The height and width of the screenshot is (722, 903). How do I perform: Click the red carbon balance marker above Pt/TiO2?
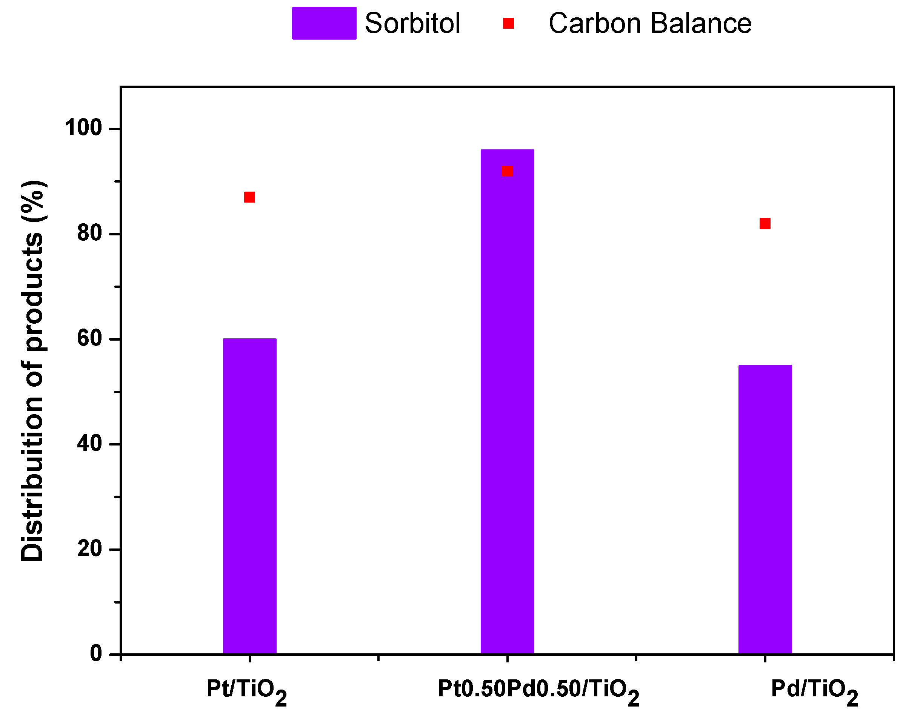(x=250, y=197)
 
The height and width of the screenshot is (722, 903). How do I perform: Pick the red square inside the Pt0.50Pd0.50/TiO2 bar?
(x=507, y=171)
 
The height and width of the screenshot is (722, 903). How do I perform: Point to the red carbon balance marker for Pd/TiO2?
(x=765, y=224)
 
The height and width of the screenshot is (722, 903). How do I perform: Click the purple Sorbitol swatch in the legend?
(x=324, y=23)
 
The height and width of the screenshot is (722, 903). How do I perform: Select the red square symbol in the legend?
(x=508, y=23)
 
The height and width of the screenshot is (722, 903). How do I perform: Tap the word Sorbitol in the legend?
(x=412, y=23)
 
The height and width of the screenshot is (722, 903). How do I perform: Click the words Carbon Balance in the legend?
(x=650, y=23)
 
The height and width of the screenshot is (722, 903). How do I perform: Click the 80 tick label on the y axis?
(x=90, y=233)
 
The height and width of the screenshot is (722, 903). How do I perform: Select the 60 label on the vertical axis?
(x=90, y=338)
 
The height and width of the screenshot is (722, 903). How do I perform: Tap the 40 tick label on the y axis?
(x=90, y=444)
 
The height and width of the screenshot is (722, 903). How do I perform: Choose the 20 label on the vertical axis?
(x=90, y=549)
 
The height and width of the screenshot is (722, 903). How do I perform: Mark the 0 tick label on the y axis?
(x=96, y=654)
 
